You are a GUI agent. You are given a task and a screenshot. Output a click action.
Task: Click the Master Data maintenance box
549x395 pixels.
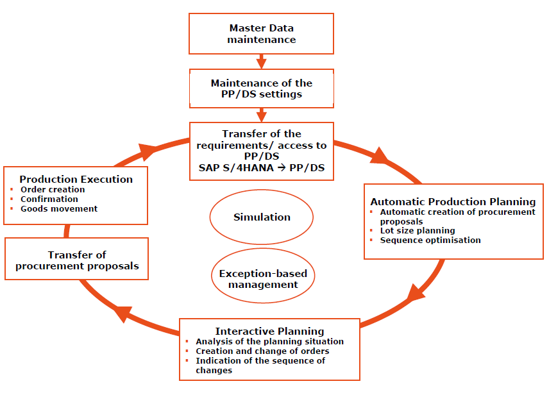click(261, 33)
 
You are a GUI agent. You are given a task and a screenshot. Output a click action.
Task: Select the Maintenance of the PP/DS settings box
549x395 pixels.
click(261, 88)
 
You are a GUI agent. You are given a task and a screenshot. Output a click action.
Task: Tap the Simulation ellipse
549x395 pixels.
click(261, 217)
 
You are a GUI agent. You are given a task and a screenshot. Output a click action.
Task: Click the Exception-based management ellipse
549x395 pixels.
click(262, 279)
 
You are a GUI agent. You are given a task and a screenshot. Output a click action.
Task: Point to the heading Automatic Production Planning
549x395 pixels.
click(453, 202)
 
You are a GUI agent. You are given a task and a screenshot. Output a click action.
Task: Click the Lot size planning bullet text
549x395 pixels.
click(418, 230)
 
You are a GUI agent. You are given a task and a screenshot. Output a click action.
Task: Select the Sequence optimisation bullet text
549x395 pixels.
click(430, 240)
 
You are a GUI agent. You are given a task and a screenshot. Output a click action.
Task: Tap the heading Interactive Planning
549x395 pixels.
click(269, 332)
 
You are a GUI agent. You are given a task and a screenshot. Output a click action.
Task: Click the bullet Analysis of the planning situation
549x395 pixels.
click(269, 342)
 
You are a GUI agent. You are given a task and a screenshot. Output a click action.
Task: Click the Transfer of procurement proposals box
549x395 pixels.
click(77, 260)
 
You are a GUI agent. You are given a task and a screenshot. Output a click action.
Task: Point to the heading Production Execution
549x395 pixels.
click(76, 180)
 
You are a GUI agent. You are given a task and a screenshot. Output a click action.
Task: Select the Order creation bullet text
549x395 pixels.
click(53, 190)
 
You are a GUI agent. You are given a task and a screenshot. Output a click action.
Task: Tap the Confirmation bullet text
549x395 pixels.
click(49, 199)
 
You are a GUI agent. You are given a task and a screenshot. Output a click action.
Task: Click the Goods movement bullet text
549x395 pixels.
click(59, 208)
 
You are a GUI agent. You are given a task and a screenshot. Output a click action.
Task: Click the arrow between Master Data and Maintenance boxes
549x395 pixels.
click(261, 62)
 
